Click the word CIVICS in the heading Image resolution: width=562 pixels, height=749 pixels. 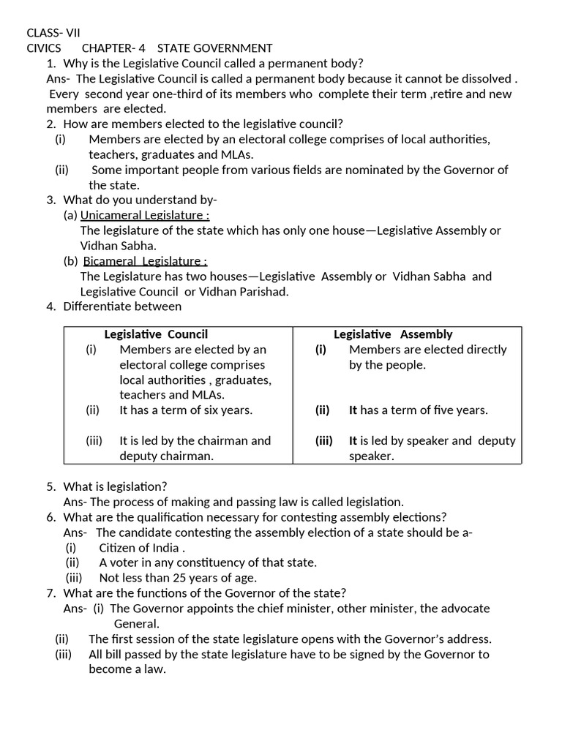(44, 48)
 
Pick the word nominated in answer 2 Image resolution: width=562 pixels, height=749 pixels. (386, 170)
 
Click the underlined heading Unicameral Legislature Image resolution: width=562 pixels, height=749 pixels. (145, 215)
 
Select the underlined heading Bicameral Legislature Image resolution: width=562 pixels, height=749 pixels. (145, 261)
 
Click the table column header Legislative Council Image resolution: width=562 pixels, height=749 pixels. (156, 334)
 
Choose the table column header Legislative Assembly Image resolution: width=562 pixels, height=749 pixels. (393, 334)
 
